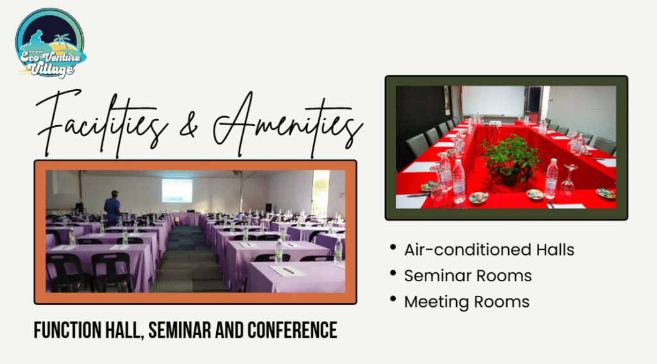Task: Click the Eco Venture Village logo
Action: pos(50,43)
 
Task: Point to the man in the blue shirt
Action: pos(112,207)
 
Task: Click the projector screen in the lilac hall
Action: pos(177,191)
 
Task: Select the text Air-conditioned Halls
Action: pos(489,250)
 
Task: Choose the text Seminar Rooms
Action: pos(468,276)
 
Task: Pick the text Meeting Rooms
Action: pos(467,302)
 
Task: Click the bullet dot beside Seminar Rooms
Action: pos(393,273)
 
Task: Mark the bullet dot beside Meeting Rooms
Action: pos(393,299)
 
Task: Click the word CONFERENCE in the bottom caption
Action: pos(292,330)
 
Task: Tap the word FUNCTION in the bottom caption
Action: pos(67,330)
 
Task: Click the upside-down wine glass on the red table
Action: pos(568,178)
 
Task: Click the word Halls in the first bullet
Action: pos(555,250)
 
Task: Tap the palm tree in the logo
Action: pos(62,40)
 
